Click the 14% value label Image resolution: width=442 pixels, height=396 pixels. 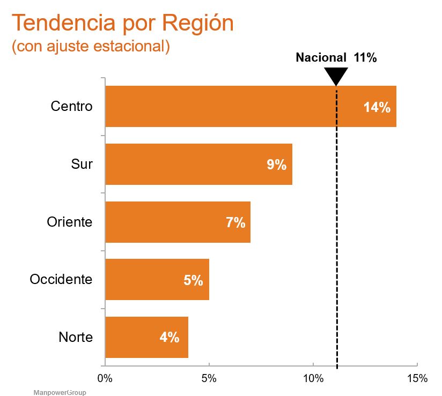coord(377,107)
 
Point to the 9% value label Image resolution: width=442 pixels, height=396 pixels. coord(277,165)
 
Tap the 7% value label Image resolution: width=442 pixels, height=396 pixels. coord(235,222)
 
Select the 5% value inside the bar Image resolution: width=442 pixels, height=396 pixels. coord(193,280)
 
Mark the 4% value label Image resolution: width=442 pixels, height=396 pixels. coord(169,338)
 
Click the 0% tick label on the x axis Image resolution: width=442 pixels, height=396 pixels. coord(105,378)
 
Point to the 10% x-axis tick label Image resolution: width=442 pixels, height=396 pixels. coord(313,378)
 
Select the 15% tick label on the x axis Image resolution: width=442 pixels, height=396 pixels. coord(417,378)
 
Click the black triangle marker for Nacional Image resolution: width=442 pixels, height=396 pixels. coord(336,76)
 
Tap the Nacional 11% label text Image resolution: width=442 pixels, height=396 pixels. coord(336,58)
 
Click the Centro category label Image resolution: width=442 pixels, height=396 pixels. coord(71,106)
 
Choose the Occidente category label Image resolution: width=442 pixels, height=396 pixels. coord(61,280)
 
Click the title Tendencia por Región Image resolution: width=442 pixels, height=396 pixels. coord(123,23)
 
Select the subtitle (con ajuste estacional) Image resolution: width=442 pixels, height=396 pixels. coord(91,46)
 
